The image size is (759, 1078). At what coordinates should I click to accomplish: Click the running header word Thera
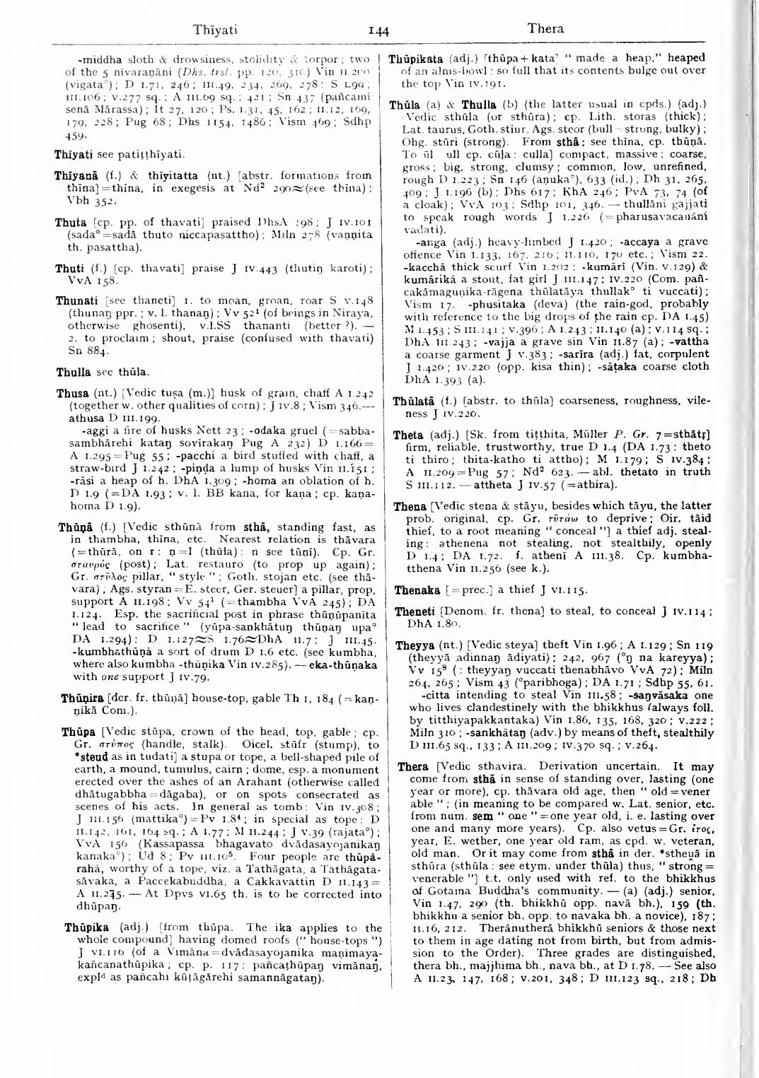(546, 29)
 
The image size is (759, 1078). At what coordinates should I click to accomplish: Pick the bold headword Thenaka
(414, 588)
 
